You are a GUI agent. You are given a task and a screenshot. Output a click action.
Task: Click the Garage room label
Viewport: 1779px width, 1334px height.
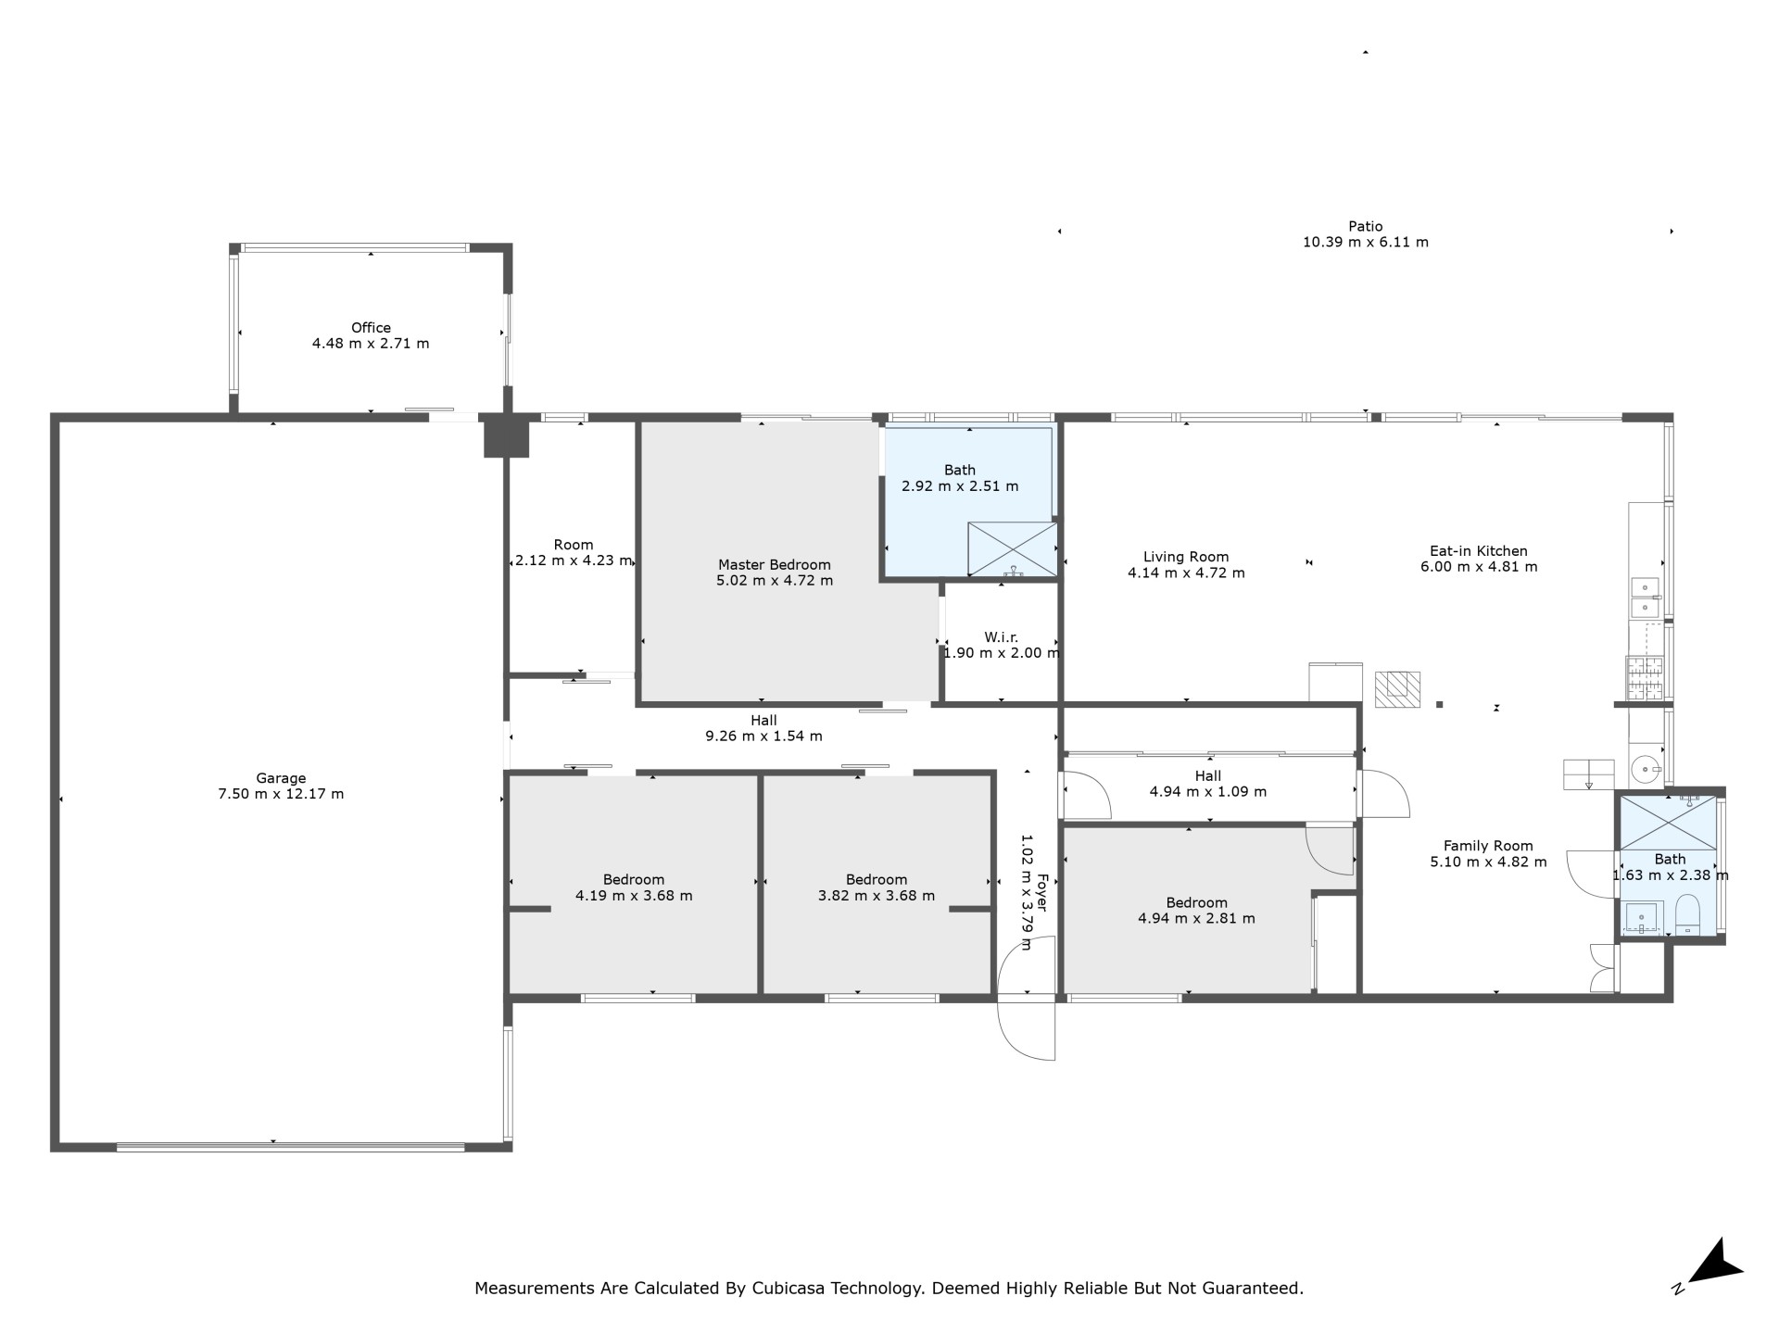point(281,778)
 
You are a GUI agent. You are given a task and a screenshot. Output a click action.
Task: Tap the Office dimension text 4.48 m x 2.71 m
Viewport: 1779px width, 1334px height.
point(371,344)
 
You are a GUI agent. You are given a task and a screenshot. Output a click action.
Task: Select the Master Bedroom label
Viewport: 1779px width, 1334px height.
point(775,565)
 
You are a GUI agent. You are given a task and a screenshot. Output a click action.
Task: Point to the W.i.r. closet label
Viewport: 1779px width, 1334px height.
point(1001,637)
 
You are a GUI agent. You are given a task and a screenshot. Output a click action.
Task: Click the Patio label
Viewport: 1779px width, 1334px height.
point(1366,226)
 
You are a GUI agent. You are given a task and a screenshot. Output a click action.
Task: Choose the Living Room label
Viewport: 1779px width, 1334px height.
point(1186,557)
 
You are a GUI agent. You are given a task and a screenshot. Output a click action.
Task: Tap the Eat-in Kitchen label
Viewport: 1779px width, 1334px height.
point(1479,551)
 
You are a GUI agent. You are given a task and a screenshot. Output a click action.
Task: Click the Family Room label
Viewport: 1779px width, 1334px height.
point(1488,846)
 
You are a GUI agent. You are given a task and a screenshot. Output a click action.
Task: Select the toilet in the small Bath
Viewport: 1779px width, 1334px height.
point(1687,915)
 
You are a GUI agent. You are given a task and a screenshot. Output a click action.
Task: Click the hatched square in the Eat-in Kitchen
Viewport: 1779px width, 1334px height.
point(1397,690)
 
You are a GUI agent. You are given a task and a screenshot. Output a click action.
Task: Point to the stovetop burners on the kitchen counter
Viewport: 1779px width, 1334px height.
point(1645,677)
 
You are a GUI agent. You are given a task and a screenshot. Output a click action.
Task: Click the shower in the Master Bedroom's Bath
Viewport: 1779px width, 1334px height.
point(1013,549)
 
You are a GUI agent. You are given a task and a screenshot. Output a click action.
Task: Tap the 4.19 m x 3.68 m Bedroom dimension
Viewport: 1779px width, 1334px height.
point(634,896)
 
